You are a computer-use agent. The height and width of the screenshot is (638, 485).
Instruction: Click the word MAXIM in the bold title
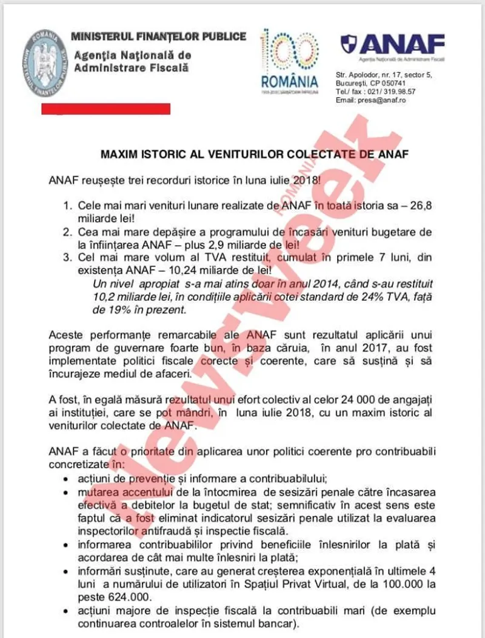point(120,153)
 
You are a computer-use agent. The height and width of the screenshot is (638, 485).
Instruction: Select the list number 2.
point(69,232)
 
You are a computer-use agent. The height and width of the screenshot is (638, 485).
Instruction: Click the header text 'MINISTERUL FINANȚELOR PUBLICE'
point(159,36)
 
